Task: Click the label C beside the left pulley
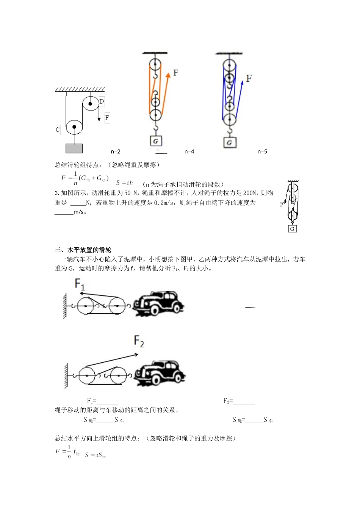click(x=58, y=130)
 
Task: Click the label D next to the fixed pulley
click(x=102, y=101)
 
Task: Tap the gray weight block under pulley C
click(x=74, y=148)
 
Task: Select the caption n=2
click(x=116, y=151)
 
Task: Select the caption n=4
click(x=189, y=151)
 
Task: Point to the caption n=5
click(x=262, y=151)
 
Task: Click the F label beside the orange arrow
click(x=175, y=73)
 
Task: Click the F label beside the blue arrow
click(x=249, y=78)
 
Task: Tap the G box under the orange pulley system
click(x=155, y=141)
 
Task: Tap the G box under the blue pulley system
click(x=229, y=142)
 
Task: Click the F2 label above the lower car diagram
click(x=139, y=341)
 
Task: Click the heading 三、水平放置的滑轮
click(x=83, y=250)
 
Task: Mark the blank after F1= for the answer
click(x=108, y=401)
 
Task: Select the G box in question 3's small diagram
click(x=292, y=229)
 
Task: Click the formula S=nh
click(x=125, y=183)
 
